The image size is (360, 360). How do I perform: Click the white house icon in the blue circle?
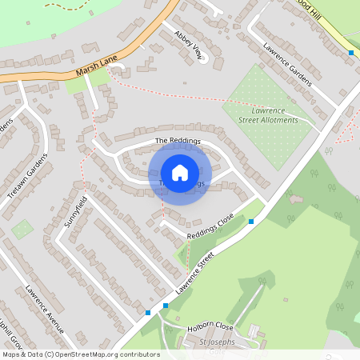click(x=180, y=172)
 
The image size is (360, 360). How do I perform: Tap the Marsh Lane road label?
click(x=97, y=72)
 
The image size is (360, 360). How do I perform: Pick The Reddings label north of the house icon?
click(x=177, y=141)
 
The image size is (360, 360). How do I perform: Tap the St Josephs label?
click(x=217, y=342)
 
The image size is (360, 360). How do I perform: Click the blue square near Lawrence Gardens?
click(x=350, y=53)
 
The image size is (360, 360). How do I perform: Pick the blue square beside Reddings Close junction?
click(x=251, y=221)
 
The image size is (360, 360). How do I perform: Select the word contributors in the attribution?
click(x=142, y=354)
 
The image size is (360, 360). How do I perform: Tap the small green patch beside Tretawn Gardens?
click(x=22, y=230)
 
